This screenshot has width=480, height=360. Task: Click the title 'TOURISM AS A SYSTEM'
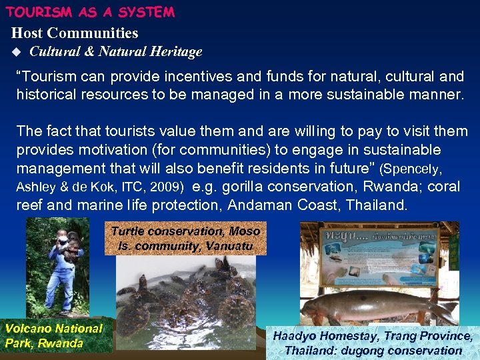pos(90,12)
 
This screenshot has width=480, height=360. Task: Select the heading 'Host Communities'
pos(75,33)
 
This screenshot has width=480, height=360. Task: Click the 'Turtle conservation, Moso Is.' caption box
pos(185,238)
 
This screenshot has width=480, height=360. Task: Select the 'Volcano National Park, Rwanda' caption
pos(54,336)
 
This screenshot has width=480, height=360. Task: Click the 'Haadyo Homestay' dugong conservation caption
pos(373,343)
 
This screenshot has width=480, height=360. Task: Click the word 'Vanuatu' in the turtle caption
pos(229,245)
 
